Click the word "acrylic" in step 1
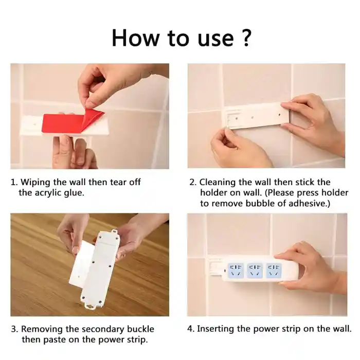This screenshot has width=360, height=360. [x=49, y=193]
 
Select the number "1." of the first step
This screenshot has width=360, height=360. [x=14, y=182]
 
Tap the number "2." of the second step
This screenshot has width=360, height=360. [x=193, y=182]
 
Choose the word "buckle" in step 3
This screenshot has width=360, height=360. [x=140, y=329]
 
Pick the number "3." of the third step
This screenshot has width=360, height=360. [x=14, y=329]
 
